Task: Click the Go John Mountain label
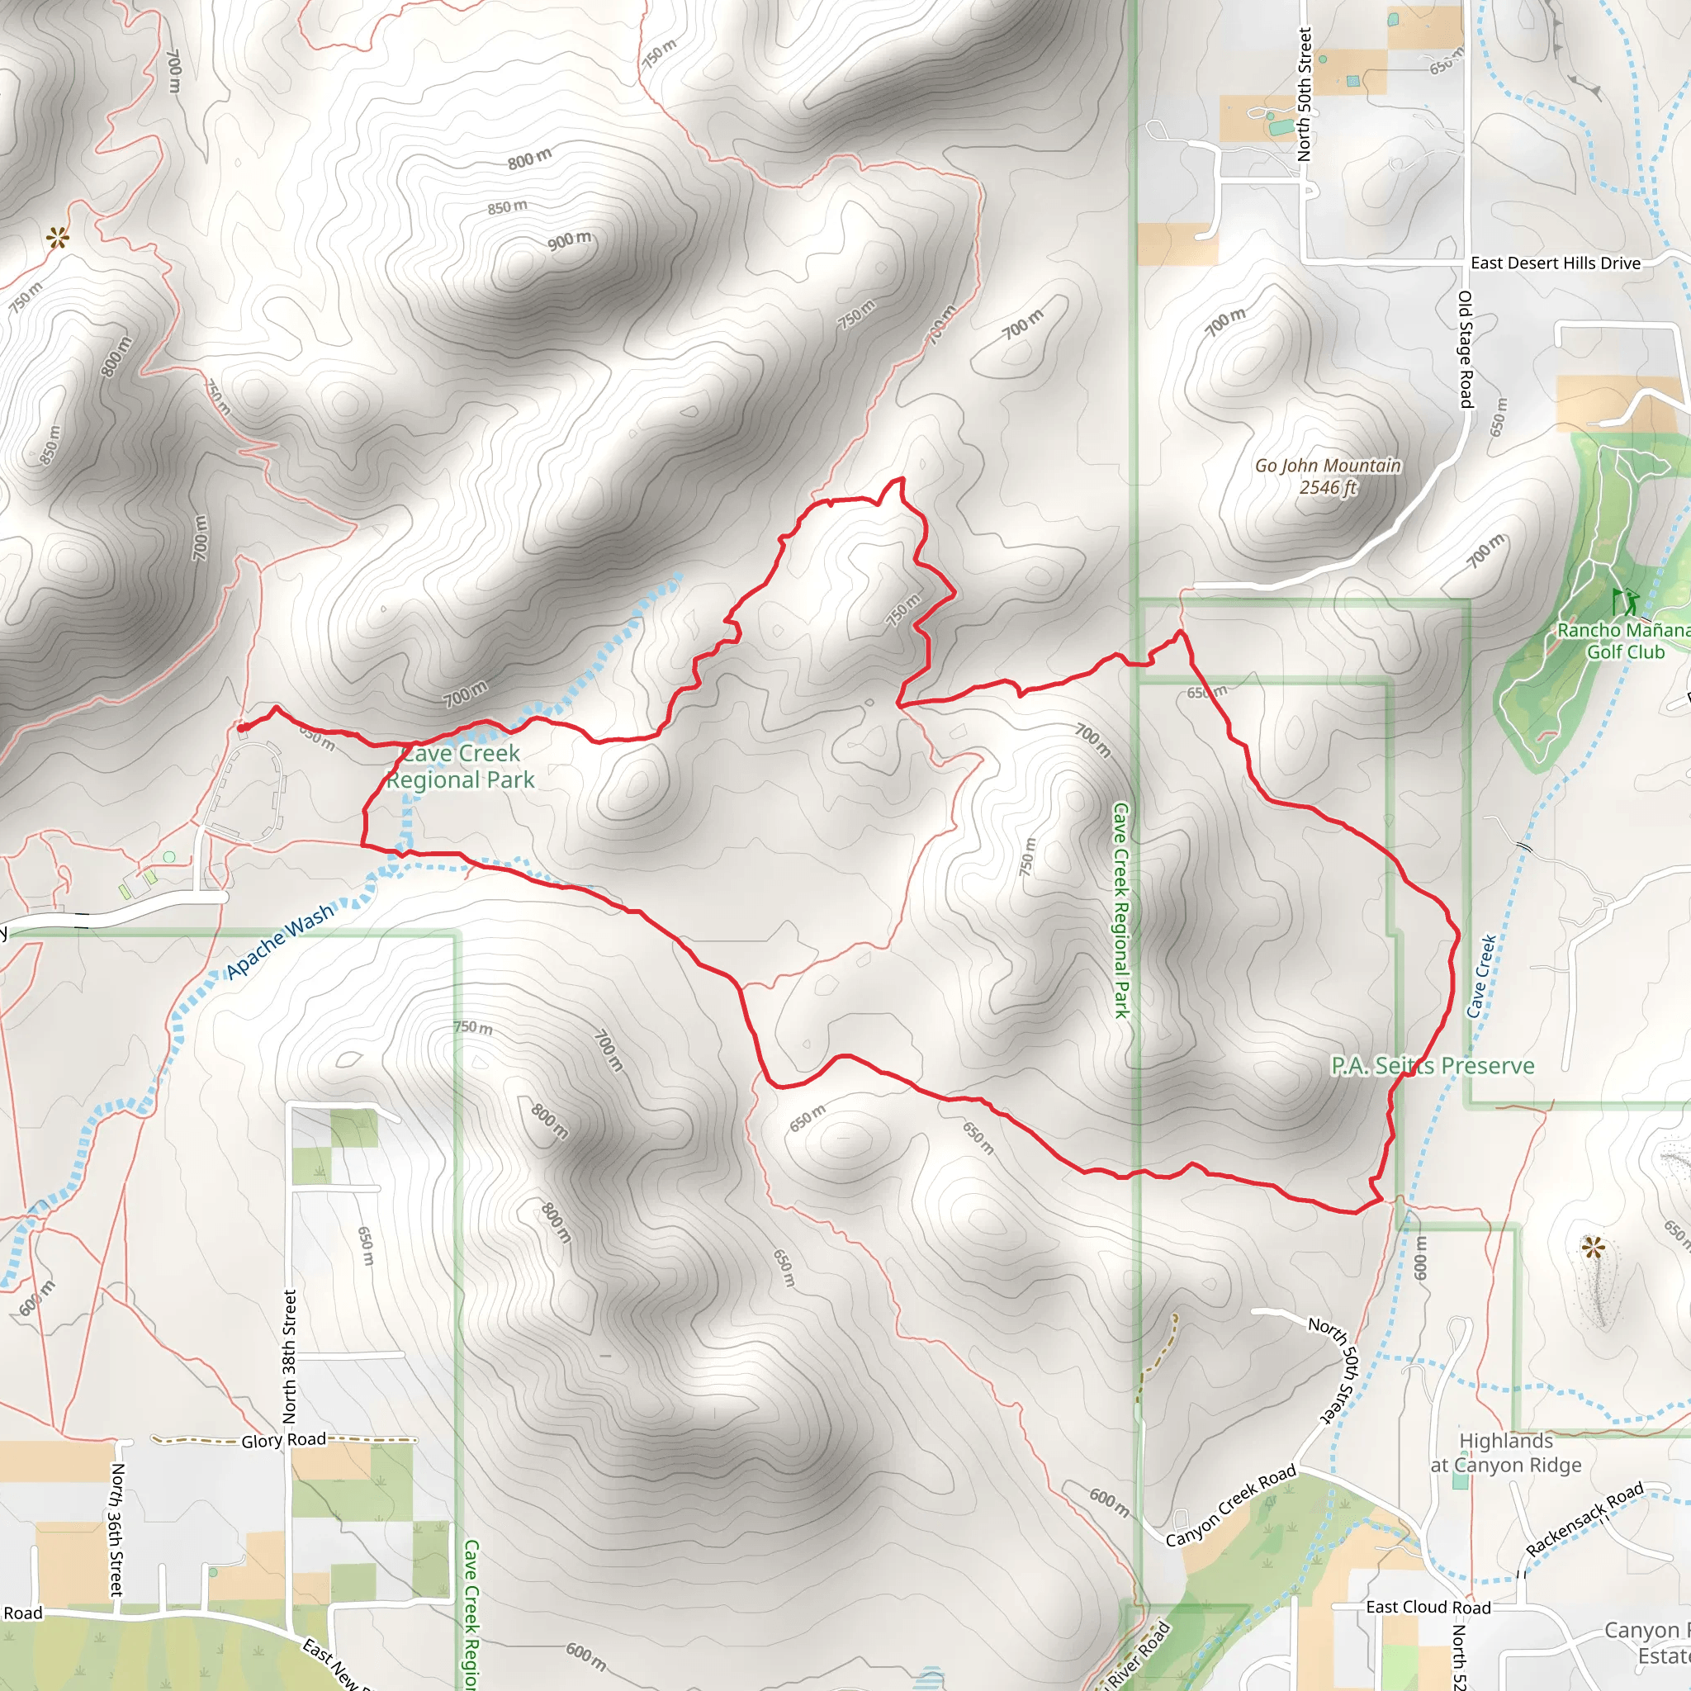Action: coord(1328,477)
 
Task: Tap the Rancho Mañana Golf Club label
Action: coord(1624,641)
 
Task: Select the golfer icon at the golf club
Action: coord(1627,602)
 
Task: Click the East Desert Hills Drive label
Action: coord(1556,263)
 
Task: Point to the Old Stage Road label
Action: coord(1466,349)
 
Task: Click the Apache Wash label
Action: coord(280,941)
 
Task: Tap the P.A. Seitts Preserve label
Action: coord(1433,1065)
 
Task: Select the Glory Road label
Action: coord(283,1440)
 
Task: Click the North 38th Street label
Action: coord(290,1356)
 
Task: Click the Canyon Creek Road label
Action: coord(1230,1506)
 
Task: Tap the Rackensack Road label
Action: coord(1585,1518)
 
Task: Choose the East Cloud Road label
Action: coord(1428,1607)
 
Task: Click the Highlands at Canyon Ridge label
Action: coord(1506,1453)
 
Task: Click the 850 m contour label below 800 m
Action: coord(508,207)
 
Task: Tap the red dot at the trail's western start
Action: coord(242,727)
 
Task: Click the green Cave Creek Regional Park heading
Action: coord(461,767)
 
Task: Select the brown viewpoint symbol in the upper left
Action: coord(58,236)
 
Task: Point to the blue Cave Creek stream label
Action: coord(1481,976)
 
